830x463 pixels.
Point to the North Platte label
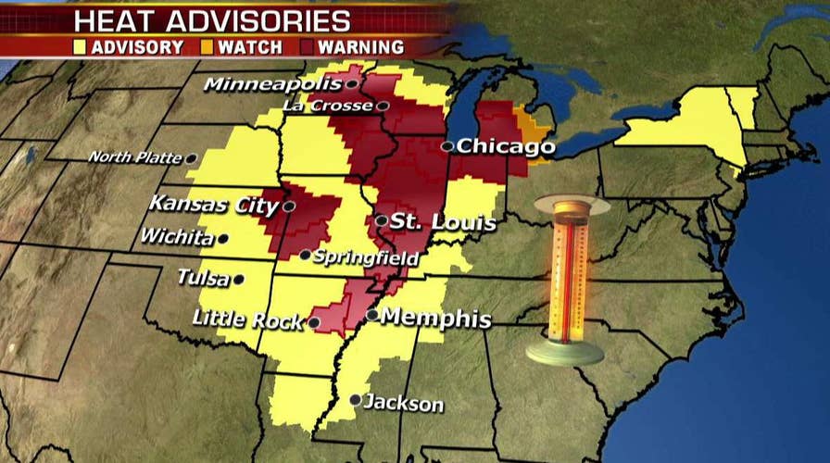(135, 158)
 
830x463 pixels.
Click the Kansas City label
(214, 203)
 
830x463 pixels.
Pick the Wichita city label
(176, 237)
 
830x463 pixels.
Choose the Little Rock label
(247, 320)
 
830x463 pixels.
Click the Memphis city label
(435, 319)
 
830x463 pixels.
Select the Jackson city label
(404, 404)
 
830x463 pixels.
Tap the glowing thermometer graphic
(564, 278)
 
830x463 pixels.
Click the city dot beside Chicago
(446, 145)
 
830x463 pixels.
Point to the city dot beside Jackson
(356, 400)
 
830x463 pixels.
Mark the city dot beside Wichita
(222, 238)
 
